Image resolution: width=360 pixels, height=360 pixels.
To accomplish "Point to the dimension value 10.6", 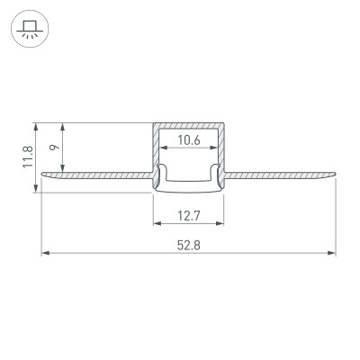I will click(188, 139).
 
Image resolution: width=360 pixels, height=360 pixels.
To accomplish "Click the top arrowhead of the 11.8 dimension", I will click(35, 123).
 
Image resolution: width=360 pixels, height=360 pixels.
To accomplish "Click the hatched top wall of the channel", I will click(188, 123).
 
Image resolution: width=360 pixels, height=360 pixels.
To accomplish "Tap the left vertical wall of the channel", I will click(154, 148).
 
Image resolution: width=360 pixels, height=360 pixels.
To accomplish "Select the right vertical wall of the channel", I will click(222, 148).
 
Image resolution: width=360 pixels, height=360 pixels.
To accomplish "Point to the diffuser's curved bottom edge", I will click(187, 192).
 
